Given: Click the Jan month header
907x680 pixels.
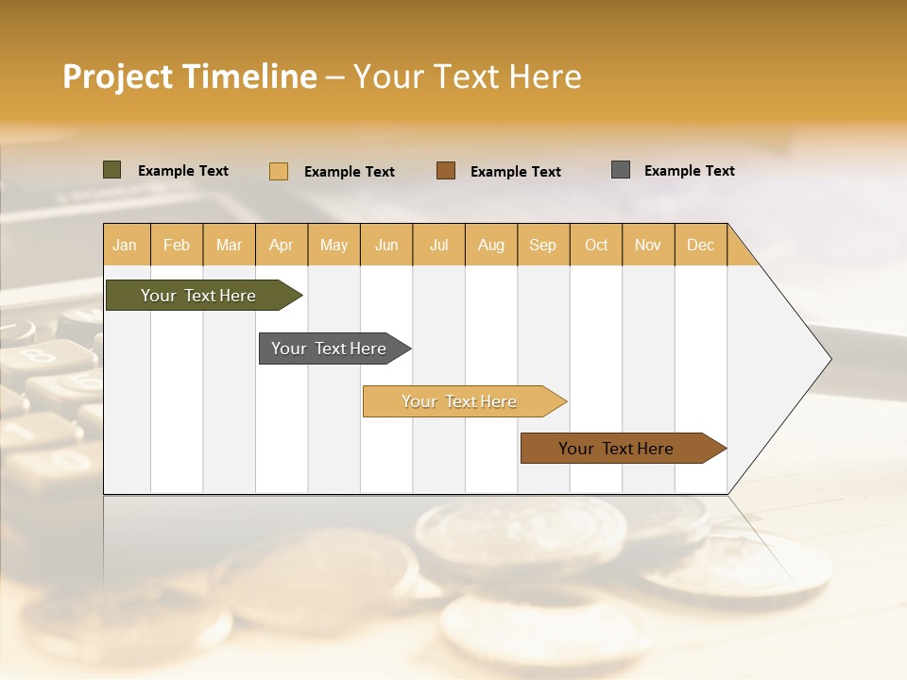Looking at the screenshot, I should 126,245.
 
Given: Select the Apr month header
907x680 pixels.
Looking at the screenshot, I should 282,245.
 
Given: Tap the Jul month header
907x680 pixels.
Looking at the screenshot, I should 438,245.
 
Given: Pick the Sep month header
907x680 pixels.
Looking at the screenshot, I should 542,245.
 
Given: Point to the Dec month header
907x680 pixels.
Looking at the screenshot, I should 700,245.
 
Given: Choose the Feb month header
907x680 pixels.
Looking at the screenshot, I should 177,245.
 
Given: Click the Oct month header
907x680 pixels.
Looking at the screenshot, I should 596,245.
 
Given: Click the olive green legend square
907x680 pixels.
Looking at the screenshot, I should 112,170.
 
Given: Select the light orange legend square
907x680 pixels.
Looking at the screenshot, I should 279,171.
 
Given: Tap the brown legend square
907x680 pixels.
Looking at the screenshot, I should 446,171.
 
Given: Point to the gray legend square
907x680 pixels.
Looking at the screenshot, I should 621,170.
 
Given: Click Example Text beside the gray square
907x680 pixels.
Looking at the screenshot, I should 689,171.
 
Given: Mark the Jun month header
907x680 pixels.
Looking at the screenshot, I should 386,245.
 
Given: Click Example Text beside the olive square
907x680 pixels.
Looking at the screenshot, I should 183,171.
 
